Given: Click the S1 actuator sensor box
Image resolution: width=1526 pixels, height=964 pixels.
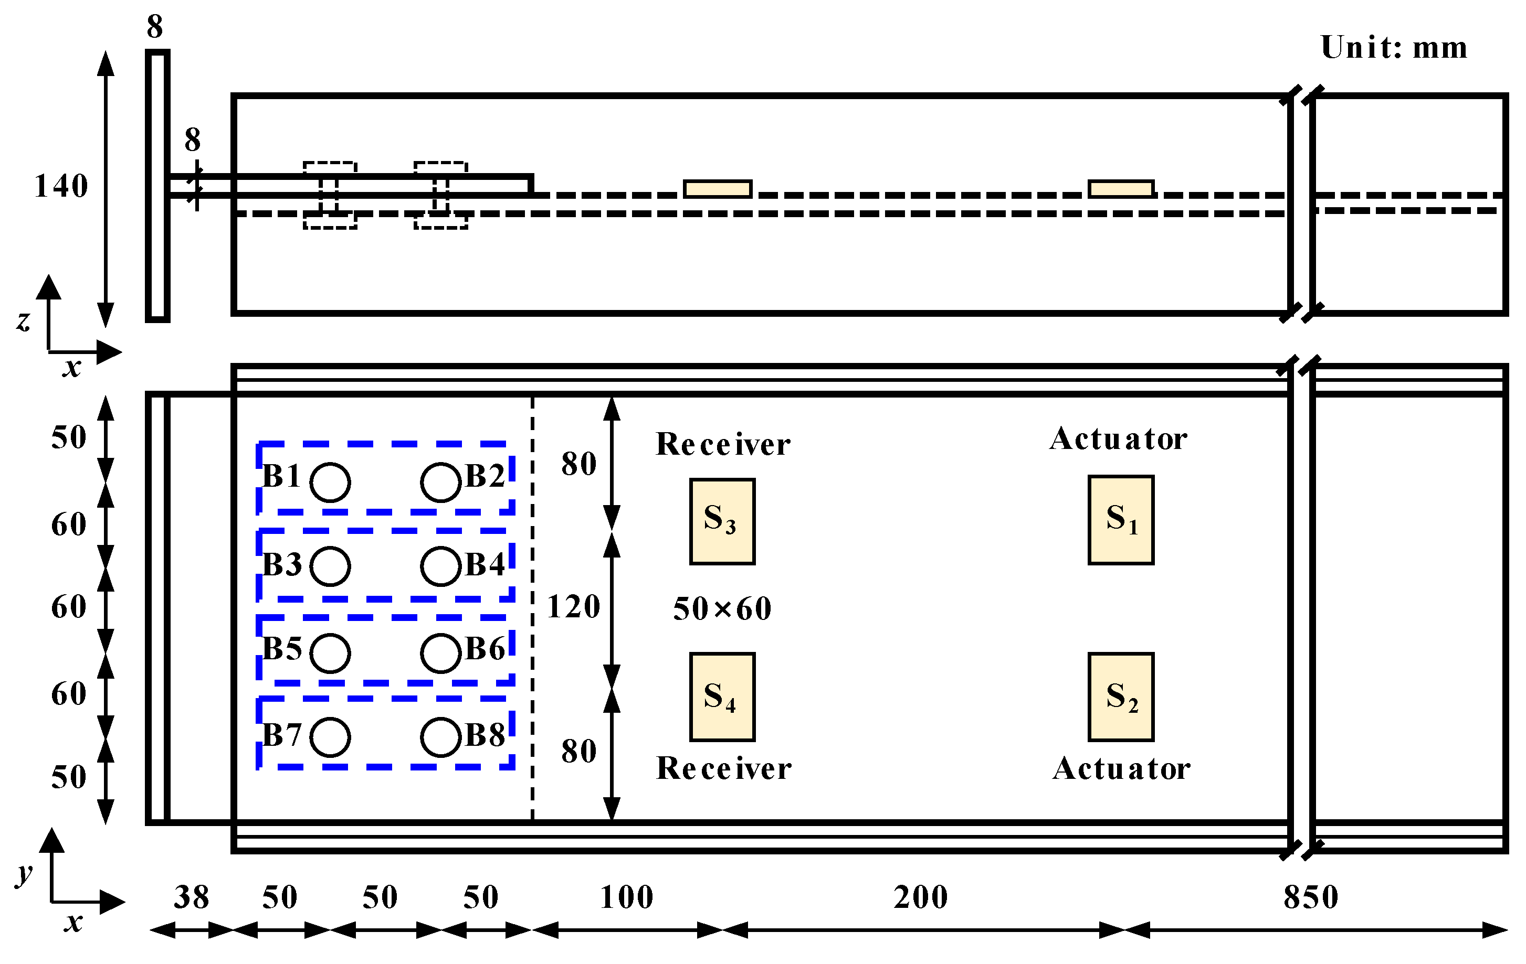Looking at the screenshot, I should [1120, 519].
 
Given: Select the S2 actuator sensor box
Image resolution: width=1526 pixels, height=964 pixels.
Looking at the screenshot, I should [1120, 697].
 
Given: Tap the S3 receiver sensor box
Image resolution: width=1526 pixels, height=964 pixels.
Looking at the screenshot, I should [722, 521].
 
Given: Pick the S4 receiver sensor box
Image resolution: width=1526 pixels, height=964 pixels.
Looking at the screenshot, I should [722, 697].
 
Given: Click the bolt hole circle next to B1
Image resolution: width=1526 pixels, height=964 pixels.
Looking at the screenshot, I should [330, 482].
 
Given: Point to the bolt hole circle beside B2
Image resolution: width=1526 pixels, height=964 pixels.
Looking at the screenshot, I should [440, 482].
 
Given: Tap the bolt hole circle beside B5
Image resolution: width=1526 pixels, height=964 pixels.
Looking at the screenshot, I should [330, 653].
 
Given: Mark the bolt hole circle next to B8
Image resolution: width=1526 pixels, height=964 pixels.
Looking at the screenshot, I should [440, 737].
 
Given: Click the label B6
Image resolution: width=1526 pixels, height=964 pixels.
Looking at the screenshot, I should [485, 649].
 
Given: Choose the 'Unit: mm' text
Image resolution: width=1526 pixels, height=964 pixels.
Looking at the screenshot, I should [1394, 48].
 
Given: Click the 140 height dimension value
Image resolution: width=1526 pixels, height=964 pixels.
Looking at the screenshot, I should [61, 186].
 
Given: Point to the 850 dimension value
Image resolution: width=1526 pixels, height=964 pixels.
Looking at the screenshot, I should [1311, 897].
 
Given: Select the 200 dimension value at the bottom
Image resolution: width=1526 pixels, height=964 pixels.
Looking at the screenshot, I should [920, 897].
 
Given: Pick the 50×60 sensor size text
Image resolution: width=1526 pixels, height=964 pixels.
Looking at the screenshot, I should [722, 609].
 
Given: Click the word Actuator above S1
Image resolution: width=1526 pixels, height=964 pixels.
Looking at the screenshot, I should [1118, 439].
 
